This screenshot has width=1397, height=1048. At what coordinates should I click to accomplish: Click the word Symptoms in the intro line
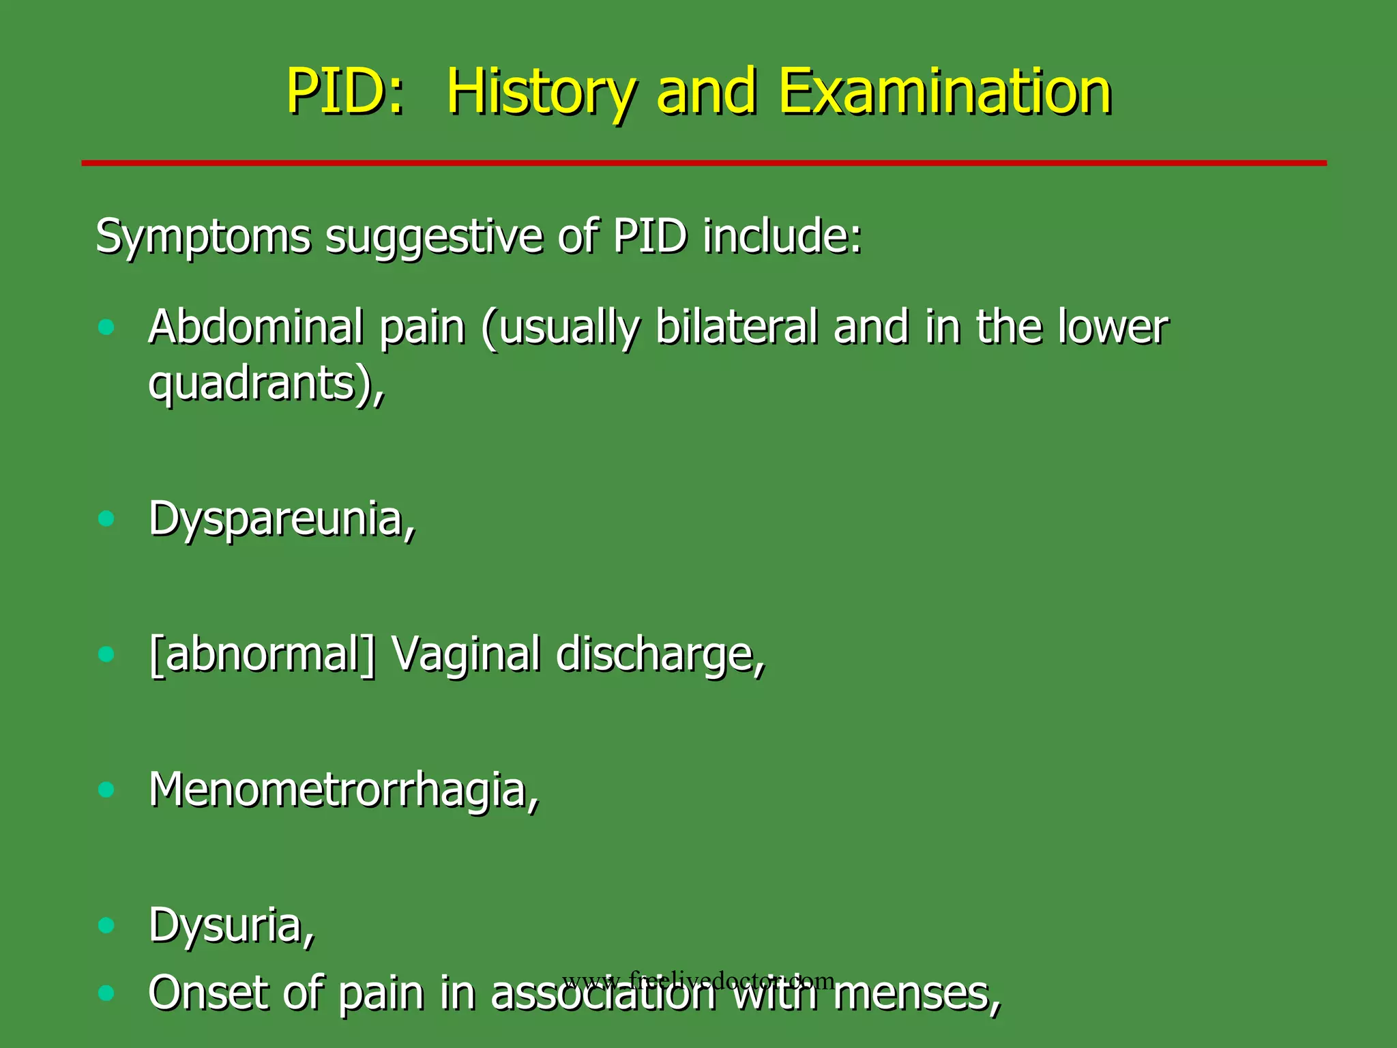tap(203, 237)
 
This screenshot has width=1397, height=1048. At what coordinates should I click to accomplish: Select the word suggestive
tap(434, 237)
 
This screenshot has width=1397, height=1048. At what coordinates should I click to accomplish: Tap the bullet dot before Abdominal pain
tap(106, 327)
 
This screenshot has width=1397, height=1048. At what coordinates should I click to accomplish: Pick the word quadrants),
tap(266, 383)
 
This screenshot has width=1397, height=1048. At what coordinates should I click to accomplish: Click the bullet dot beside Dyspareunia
tap(106, 519)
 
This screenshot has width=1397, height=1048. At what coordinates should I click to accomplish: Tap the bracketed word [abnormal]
tap(262, 654)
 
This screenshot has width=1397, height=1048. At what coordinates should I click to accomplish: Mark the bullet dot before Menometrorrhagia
tap(106, 790)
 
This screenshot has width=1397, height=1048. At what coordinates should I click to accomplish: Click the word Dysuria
tap(231, 926)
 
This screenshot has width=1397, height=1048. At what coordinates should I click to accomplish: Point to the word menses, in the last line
tap(917, 993)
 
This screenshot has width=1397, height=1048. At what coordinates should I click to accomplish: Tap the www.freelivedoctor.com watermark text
tap(698, 980)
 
